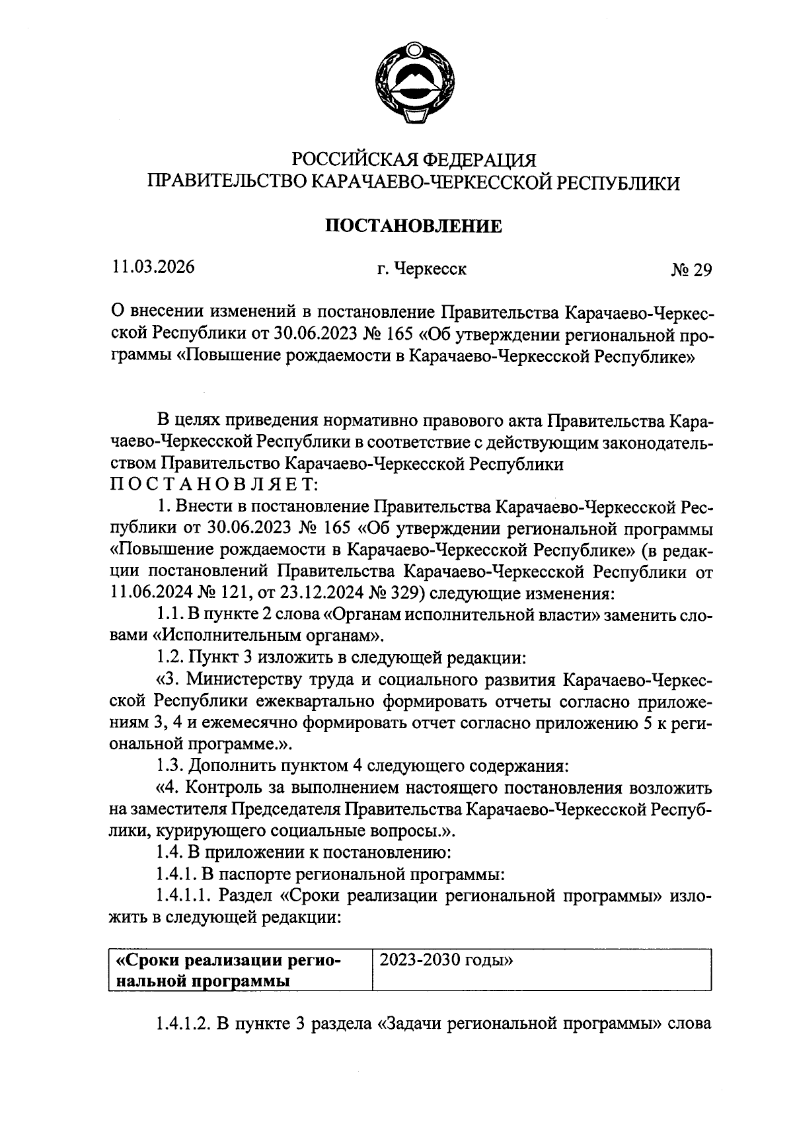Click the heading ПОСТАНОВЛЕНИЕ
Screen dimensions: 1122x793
[414, 227]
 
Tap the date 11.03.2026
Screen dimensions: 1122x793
[153, 268]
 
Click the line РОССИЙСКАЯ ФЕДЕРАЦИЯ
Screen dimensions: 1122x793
[414, 159]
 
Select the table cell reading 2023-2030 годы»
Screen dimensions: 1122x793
[447, 960]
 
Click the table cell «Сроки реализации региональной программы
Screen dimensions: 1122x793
[229, 970]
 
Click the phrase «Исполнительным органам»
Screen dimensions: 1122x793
[268, 636]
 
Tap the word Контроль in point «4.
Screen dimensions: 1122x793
[237, 788]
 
